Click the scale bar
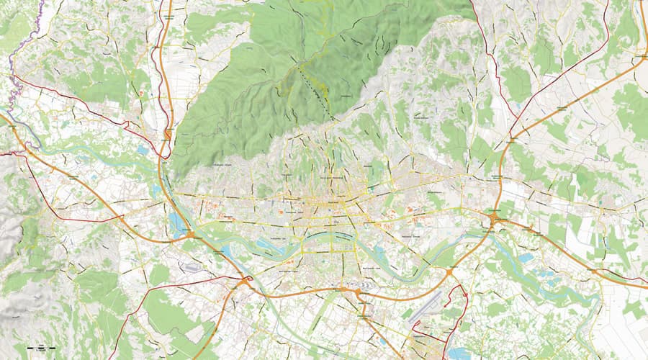pyautogui.click(x=40, y=348)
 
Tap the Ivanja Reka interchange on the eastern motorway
pyautogui.click(x=494, y=217)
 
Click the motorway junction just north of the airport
pyautogui.click(x=449, y=272)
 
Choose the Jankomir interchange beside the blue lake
pyautogui.click(x=190, y=233)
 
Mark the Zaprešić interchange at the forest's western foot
pyautogui.click(x=167, y=135)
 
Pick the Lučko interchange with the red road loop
pyautogui.click(x=247, y=280)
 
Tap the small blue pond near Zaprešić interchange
pyautogui.click(x=142, y=151)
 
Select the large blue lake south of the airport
pyautogui.click(x=458, y=354)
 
